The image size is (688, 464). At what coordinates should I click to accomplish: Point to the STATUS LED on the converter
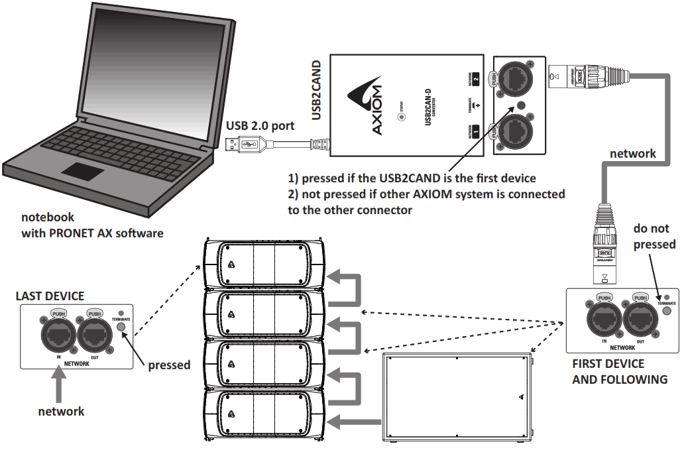400,117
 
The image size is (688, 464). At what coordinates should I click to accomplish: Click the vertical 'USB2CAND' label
317,89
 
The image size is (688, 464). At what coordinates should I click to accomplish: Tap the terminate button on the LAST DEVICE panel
121,325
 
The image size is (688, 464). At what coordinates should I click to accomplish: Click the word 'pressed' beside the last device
169,365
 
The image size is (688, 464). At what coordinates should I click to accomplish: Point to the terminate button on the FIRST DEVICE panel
666,296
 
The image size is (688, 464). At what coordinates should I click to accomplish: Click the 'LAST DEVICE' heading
50,296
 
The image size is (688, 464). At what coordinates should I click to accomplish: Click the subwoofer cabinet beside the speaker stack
457,398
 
